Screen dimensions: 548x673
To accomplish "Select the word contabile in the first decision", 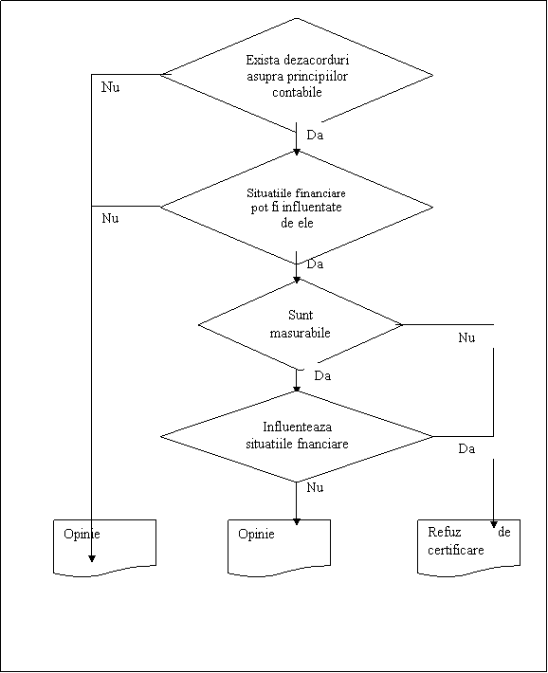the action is click(x=297, y=92).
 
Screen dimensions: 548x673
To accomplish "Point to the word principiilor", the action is click(x=318, y=77).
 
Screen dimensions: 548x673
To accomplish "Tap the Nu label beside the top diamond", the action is click(x=110, y=87).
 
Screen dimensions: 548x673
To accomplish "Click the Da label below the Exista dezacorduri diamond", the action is click(x=315, y=135).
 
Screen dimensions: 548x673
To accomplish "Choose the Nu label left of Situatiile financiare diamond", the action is click(x=110, y=218).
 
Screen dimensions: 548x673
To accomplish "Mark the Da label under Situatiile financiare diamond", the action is click(x=315, y=264).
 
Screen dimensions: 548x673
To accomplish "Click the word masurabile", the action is click(x=300, y=333).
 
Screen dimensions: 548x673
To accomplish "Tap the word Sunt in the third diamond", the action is click(x=301, y=315).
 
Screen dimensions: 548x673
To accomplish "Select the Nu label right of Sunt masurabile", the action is click(x=466, y=337).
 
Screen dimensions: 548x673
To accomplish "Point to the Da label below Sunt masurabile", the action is click(x=322, y=375).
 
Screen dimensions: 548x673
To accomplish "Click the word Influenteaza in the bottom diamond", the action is click(x=297, y=427).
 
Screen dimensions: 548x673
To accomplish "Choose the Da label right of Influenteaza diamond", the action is click(x=466, y=448).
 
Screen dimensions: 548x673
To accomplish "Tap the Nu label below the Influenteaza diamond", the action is click(x=315, y=487).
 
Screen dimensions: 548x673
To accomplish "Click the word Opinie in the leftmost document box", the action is click(x=82, y=534).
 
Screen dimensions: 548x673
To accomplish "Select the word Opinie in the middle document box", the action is click(x=256, y=534).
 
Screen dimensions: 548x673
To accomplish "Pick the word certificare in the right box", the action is click(x=456, y=550).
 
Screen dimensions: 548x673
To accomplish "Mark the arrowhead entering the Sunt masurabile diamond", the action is click(x=297, y=281).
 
